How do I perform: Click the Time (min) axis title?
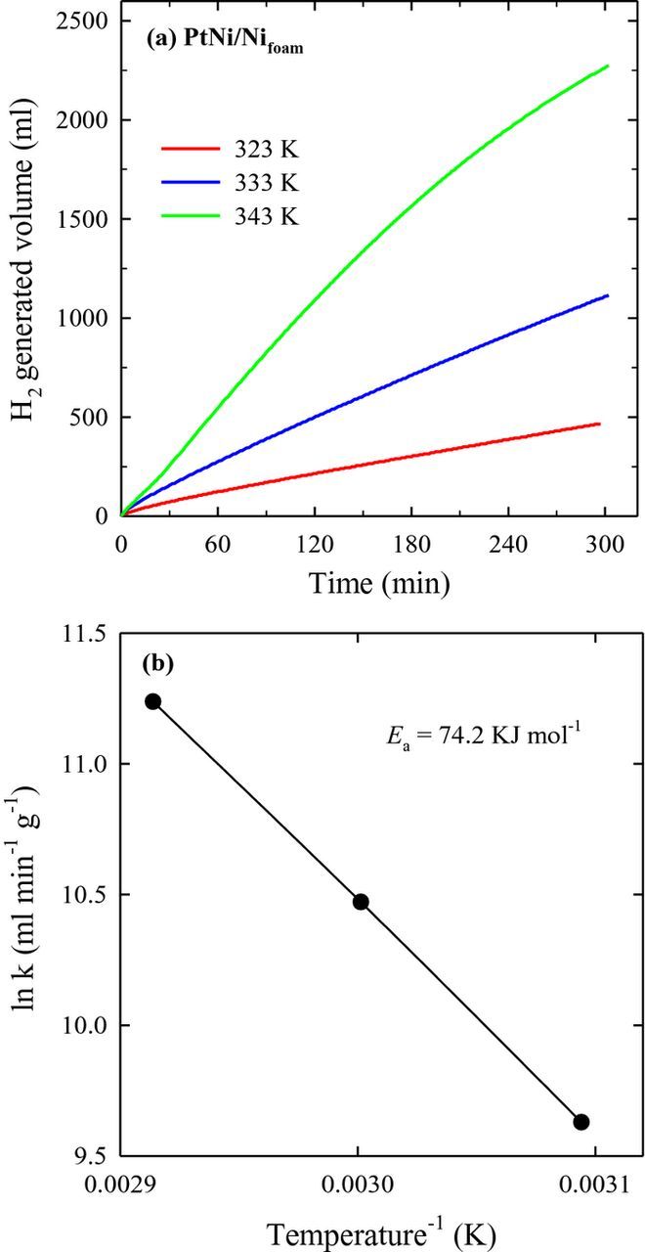coord(379,585)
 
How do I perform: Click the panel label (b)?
coord(157,663)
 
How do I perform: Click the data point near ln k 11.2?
coord(152,701)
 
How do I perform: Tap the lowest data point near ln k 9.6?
coord(581,1121)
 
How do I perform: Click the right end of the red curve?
coord(598,424)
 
